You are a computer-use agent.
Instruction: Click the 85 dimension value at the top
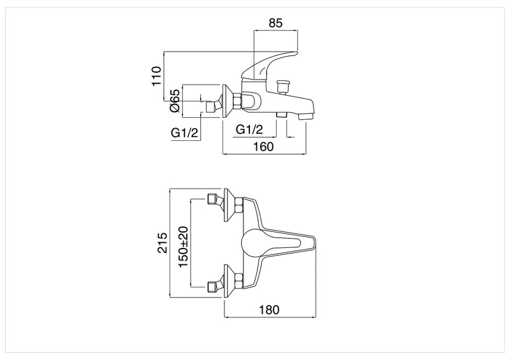275,24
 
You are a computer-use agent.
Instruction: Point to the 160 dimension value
263,147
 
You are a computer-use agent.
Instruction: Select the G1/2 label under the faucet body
250,129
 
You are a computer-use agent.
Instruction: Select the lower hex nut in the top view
238,280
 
